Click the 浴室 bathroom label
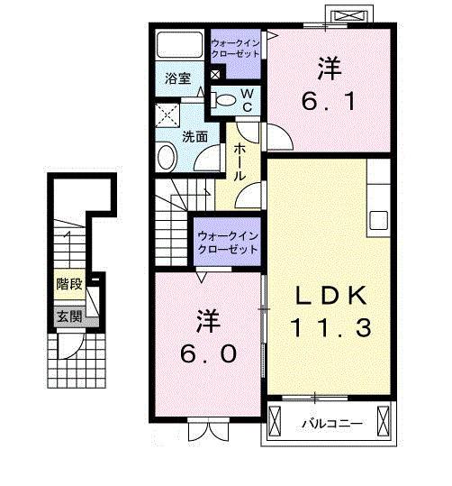point(176,78)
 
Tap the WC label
point(245,100)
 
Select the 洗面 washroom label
point(195,136)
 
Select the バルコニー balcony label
point(331,422)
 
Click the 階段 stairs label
point(69,285)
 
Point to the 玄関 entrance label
point(69,316)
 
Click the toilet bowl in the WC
point(225,99)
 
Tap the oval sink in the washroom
point(167,158)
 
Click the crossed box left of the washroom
point(167,115)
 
